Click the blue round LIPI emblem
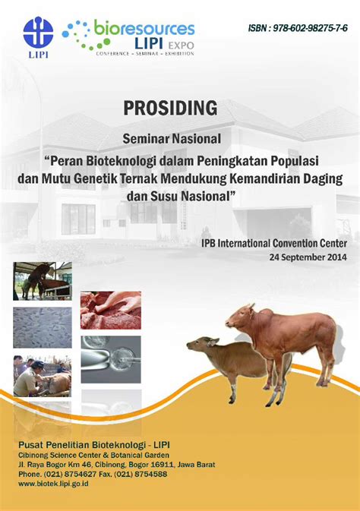(38, 32)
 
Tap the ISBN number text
(298, 28)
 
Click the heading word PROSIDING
(170, 108)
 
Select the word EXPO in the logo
(181, 46)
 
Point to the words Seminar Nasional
(172, 139)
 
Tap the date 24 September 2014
(308, 257)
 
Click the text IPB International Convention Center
(274, 243)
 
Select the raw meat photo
(111, 311)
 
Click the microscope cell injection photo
(111, 359)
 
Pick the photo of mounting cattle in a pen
(43, 281)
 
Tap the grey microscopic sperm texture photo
(43, 327)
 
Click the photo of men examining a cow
(43, 375)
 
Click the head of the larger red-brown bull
(241, 317)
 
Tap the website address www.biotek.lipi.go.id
(53, 484)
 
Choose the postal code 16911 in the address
(164, 465)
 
